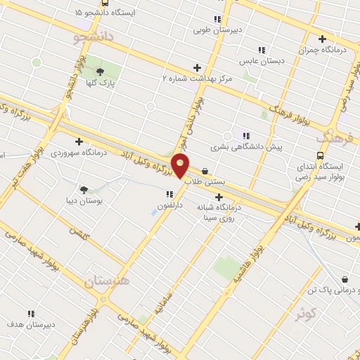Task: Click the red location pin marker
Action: [x=181, y=165]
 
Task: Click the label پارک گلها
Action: [x=103, y=84]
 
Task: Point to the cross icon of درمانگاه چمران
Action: [x=323, y=39]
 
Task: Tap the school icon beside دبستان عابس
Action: [x=262, y=50]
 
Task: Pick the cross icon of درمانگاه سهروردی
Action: [x=79, y=141]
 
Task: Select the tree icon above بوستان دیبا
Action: [x=84, y=189]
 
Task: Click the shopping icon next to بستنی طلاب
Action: [x=205, y=170]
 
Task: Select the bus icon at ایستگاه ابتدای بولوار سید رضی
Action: [x=320, y=155]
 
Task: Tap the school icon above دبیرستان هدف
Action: [x=30, y=314]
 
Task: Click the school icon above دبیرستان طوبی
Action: [x=217, y=19]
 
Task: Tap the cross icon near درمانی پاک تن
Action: [x=344, y=279]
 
